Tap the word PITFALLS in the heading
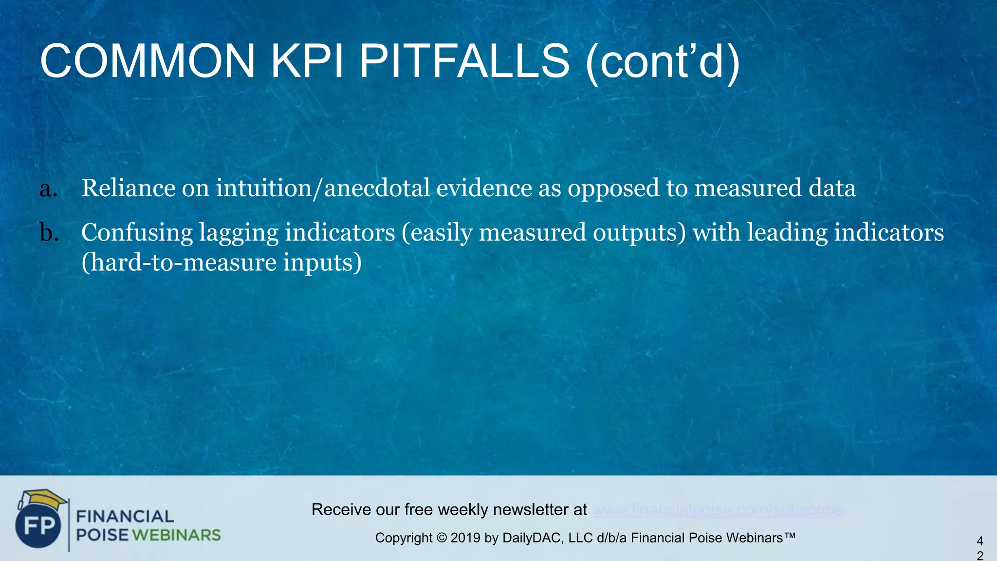coord(464,61)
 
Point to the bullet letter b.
coord(49,233)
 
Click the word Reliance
coord(129,188)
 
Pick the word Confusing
coord(137,233)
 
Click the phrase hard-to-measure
coord(180,263)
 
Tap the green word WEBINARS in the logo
coord(176,535)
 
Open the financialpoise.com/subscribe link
coord(718,510)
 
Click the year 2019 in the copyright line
coord(465,538)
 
